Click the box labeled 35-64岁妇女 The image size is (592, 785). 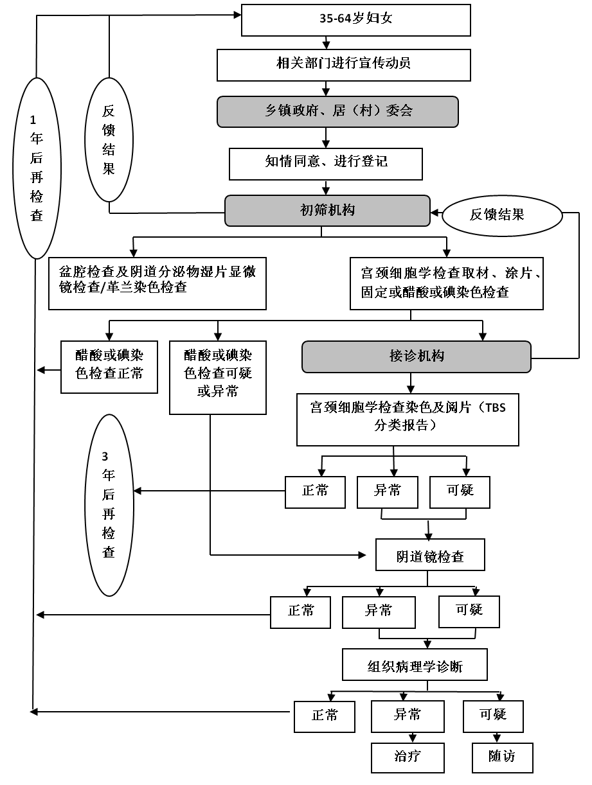[355, 20]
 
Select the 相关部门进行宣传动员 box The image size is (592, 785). [343, 65]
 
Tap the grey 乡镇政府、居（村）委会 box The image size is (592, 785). [337, 112]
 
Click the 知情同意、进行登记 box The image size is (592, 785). [325, 164]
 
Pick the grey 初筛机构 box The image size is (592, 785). [327, 211]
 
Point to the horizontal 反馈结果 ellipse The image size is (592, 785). [502, 215]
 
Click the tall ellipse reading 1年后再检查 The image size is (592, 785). [37, 168]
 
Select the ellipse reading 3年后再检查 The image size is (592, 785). [109, 505]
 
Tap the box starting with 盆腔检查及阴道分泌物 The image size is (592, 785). [157, 283]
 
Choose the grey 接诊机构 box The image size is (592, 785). [417, 357]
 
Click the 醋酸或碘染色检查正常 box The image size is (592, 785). [109, 367]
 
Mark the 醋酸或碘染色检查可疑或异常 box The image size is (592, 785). [218, 377]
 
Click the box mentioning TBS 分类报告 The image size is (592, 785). [408, 419]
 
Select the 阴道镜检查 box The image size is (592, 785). [430, 554]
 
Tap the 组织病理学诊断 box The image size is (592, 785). [415, 664]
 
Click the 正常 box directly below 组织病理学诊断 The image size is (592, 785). [325, 716]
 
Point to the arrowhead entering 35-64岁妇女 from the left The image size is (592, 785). [237, 15]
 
